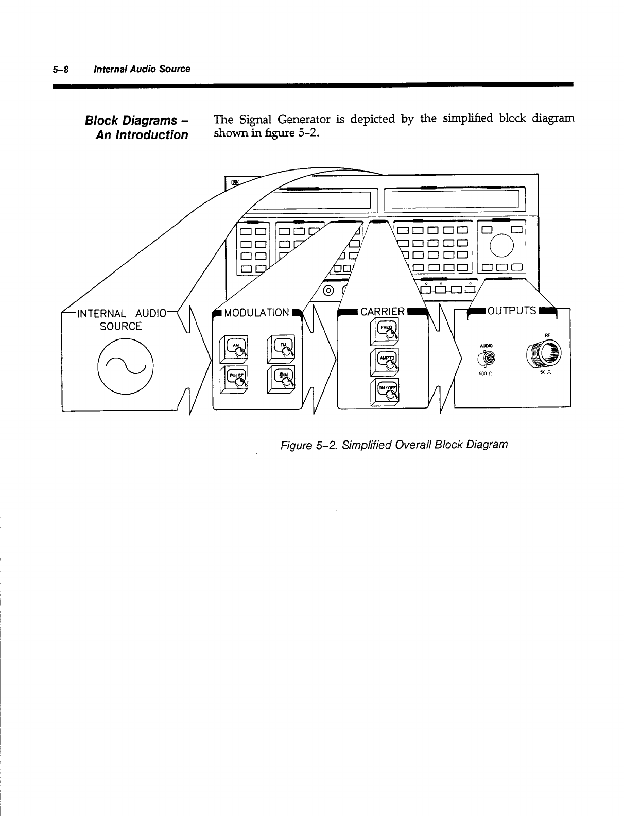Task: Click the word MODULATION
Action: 257,313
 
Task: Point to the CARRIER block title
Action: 383,312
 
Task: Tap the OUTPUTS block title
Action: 512,311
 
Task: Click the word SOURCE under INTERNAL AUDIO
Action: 120,327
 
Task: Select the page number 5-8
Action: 64,69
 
